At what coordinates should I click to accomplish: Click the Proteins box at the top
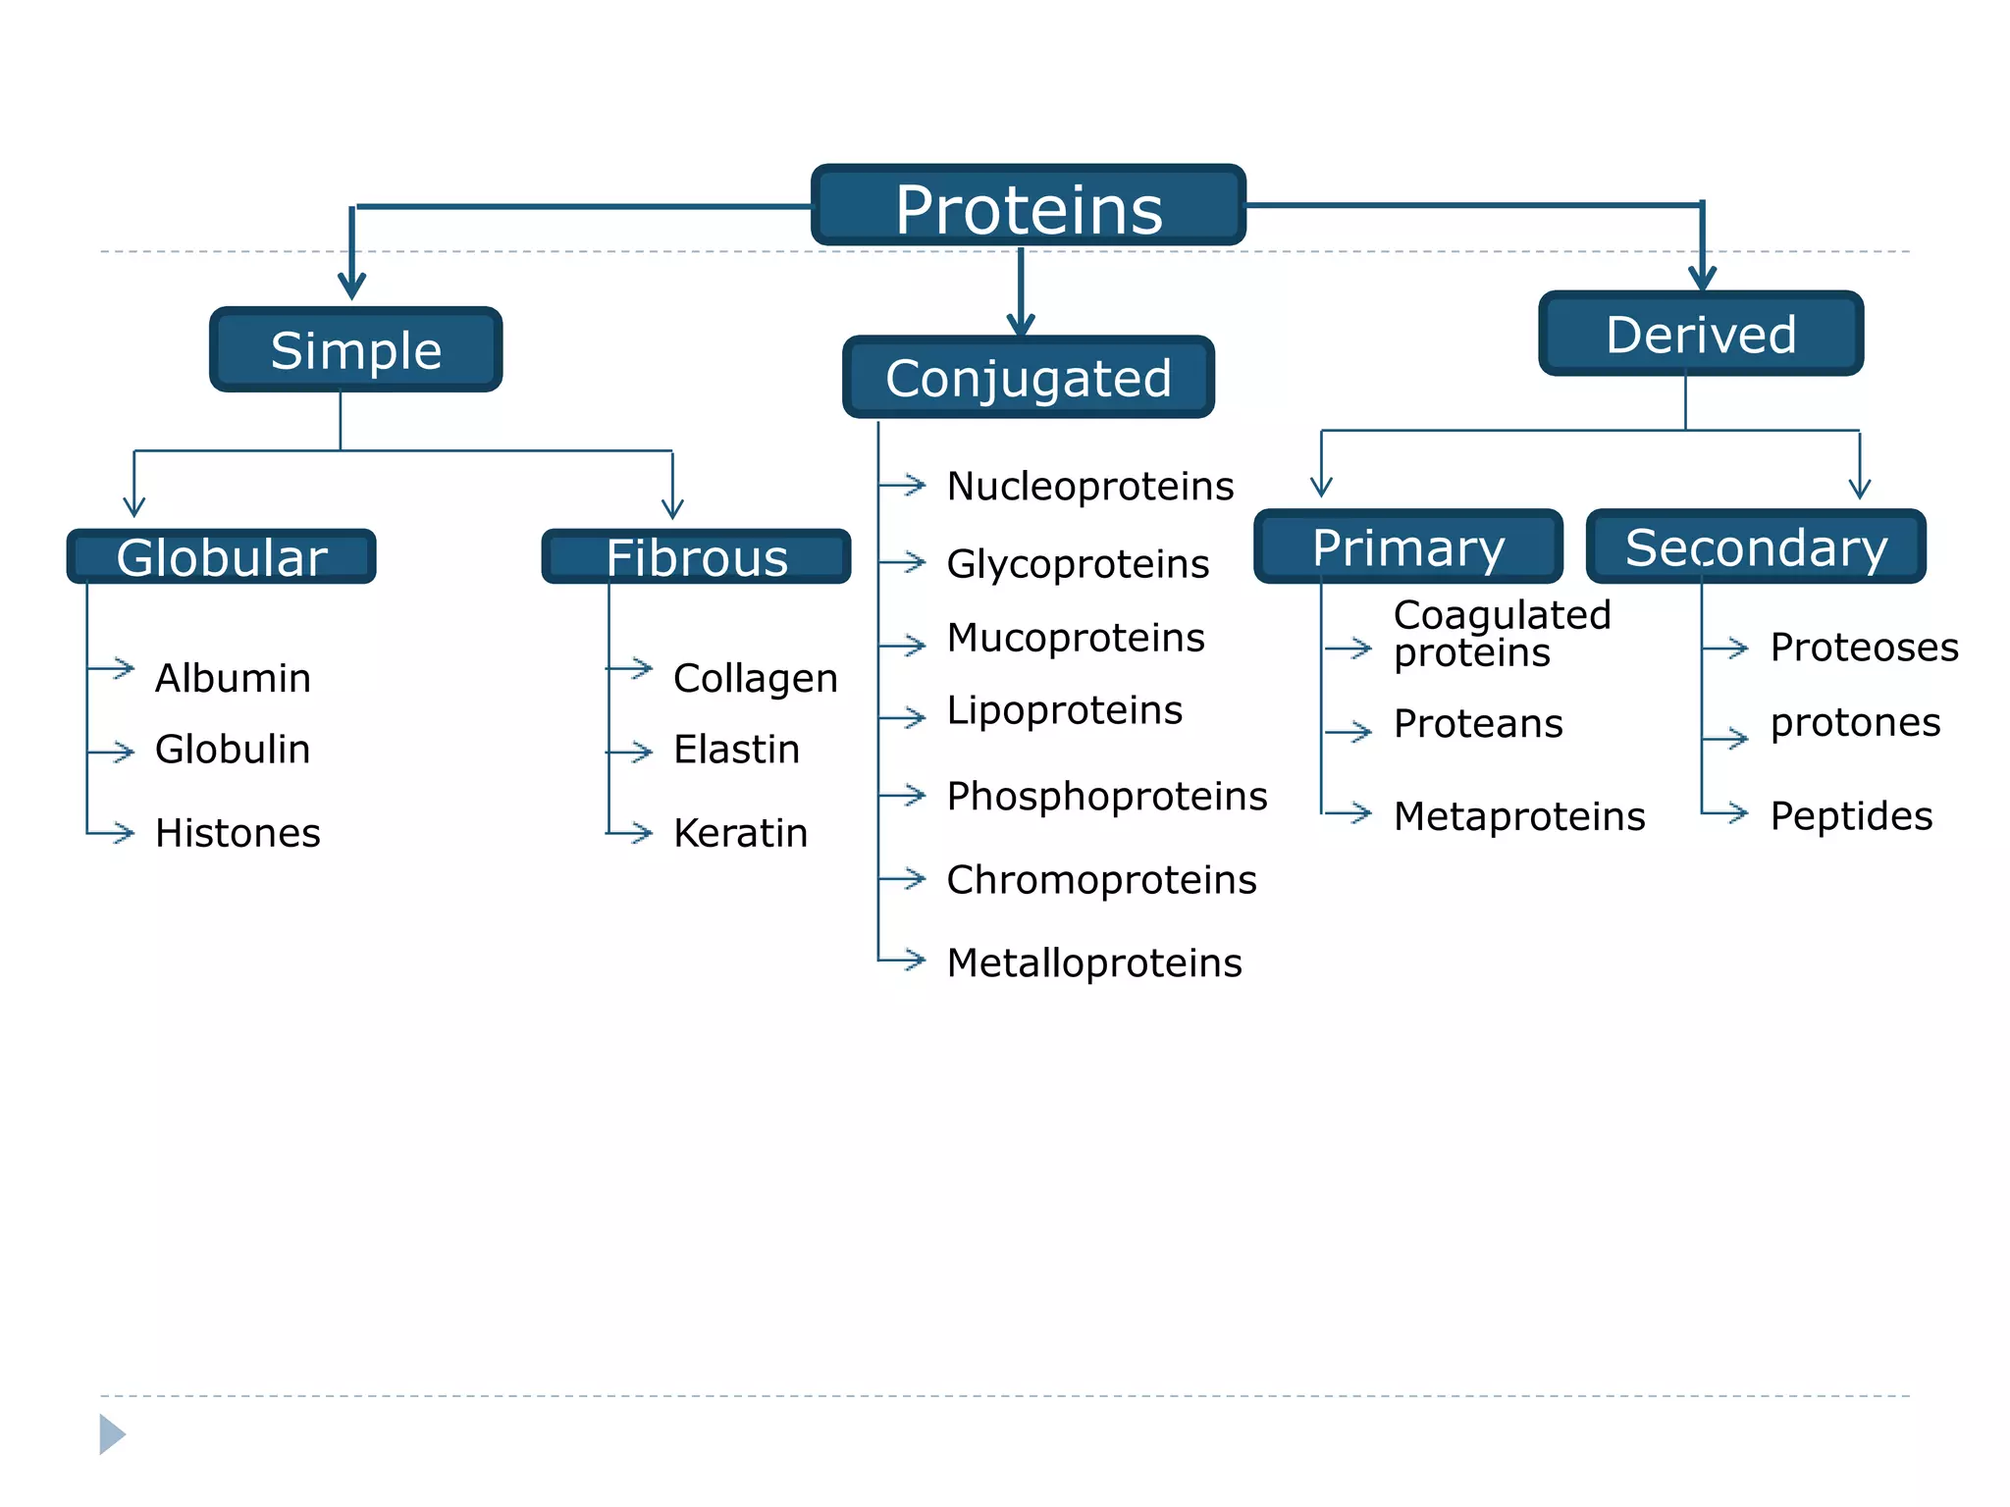pyautogui.click(x=1029, y=206)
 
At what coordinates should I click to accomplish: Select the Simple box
pyautogui.click(x=355, y=350)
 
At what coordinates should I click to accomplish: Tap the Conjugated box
pyautogui.click(x=1029, y=378)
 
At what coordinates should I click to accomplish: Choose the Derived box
pyautogui.click(x=1701, y=334)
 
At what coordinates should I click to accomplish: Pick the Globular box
pyautogui.click(x=222, y=557)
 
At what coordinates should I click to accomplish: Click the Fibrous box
pyautogui.click(x=697, y=557)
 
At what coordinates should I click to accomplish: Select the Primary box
pyautogui.click(x=1408, y=546)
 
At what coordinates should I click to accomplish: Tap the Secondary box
pyautogui.click(x=1756, y=546)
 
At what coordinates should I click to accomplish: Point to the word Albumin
pyautogui.click(x=233, y=678)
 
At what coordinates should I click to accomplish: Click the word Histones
pyautogui.click(x=238, y=833)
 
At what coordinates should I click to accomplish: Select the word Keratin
pyautogui.click(x=740, y=833)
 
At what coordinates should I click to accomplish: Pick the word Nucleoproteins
pyautogui.click(x=1089, y=486)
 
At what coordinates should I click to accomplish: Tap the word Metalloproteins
pyautogui.click(x=1094, y=962)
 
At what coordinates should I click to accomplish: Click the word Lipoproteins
pyautogui.click(x=1065, y=710)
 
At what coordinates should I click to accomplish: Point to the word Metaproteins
pyautogui.click(x=1519, y=816)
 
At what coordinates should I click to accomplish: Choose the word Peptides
pyautogui.click(x=1851, y=815)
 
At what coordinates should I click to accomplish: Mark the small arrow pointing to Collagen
pyautogui.click(x=633, y=669)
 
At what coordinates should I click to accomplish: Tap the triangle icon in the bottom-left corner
pyautogui.click(x=112, y=1434)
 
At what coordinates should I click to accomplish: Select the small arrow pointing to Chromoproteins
pyautogui.click(x=906, y=878)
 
